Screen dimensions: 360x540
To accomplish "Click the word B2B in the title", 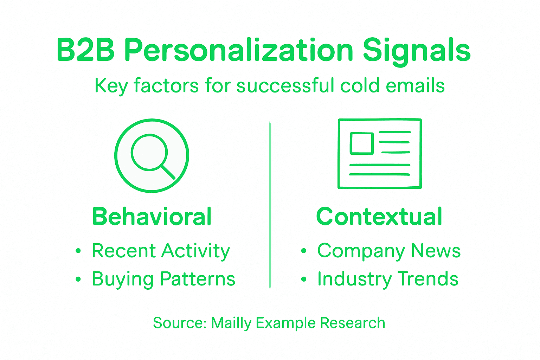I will coord(85,50).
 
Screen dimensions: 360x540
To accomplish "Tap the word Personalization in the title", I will coord(239,50).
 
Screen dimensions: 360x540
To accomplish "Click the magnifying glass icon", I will coord(152,155).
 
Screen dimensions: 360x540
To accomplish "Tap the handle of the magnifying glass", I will coord(168,172).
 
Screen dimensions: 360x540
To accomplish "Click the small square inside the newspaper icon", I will coord(361,143).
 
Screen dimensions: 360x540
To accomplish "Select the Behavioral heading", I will coord(152,217).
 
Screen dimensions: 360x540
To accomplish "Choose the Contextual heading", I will coord(379,217).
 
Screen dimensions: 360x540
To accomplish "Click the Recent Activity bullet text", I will coord(161,251).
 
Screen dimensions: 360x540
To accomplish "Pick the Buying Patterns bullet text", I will coord(163,279).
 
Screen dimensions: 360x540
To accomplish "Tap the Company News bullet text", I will coord(389,251).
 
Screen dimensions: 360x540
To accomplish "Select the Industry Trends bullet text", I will coord(388,279).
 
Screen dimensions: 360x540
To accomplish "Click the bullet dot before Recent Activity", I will coord(78,251).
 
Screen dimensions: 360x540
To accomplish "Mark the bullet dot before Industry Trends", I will coord(304,279).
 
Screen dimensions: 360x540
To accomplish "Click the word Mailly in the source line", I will coord(231,323).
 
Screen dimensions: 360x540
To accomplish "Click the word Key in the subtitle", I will coord(111,86).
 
